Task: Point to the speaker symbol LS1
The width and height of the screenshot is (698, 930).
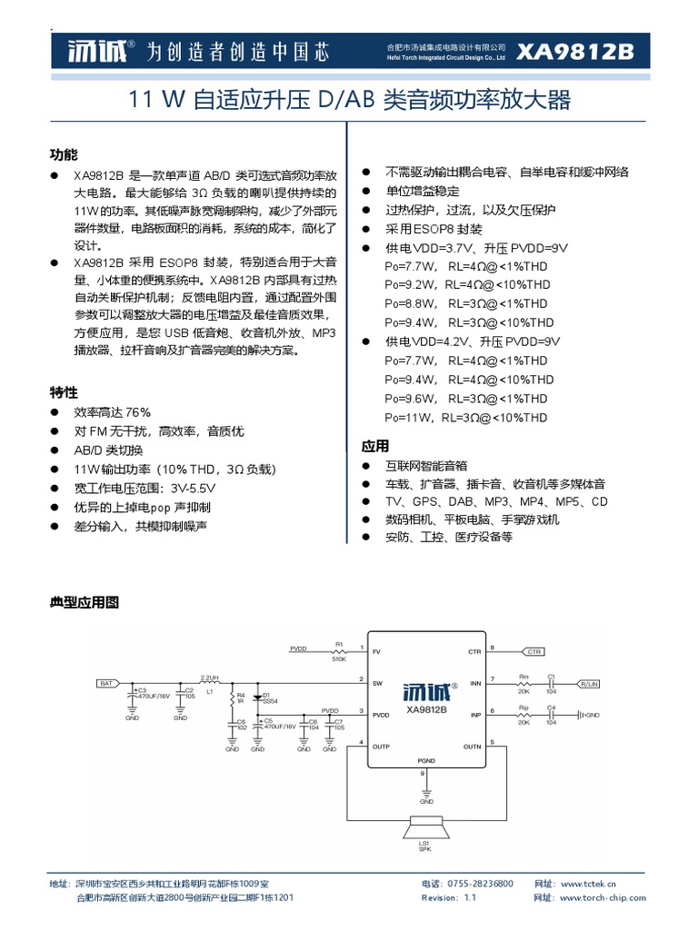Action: coord(424,828)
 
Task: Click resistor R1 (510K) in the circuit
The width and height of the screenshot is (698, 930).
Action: coord(340,651)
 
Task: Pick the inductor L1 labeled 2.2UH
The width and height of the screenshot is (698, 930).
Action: coord(209,681)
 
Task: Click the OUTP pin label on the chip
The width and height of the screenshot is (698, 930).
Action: coord(381,747)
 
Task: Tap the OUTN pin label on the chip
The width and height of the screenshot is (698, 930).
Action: coord(473,747)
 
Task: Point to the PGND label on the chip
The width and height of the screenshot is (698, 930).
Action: coord(426,759)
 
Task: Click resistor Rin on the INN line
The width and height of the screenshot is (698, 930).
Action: coord(523,682)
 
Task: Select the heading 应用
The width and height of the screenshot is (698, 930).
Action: coord(375,446)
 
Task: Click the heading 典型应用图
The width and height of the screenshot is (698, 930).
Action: coord(84,602)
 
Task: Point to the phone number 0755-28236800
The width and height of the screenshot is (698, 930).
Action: coord(481,884)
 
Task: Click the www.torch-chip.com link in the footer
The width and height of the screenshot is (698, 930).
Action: coord(603,897)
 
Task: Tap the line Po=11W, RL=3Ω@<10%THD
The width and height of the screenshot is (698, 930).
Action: coord(466,418)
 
